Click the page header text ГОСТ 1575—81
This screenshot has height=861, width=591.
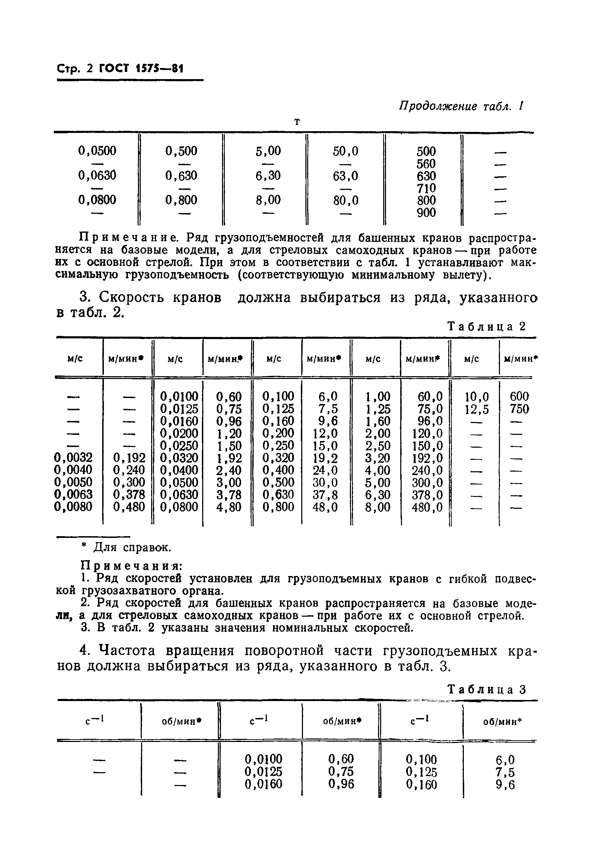click(141, 69)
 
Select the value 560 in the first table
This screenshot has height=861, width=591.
click(426, 164)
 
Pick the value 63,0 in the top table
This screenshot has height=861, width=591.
click(345, 176)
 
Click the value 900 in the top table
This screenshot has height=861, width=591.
click(426, 213)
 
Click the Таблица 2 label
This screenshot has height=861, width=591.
click(487, 327)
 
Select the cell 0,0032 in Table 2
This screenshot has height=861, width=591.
click(73, 457)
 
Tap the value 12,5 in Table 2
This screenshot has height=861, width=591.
click(477, 409)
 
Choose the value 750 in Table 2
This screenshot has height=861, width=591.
click(519, 409)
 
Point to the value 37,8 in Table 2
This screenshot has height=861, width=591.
click(325, 495)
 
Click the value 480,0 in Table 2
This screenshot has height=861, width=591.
click(427, 507)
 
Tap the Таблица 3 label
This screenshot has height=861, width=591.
click(487, 690)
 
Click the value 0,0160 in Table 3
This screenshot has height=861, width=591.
click(263, 784)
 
